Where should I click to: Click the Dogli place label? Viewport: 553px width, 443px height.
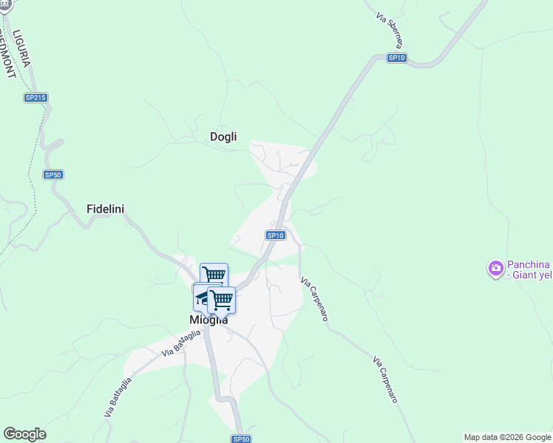pos(223,137)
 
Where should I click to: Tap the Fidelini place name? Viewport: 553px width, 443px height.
pos(105,209)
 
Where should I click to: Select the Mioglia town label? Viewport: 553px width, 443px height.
pos(208,320)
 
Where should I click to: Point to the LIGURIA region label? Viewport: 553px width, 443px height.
pos(21,49)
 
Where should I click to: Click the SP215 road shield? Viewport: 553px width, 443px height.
pos(35,97)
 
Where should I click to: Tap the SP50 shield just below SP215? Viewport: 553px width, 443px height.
pos(52,175)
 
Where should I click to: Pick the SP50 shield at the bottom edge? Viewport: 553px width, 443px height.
pos(241,439)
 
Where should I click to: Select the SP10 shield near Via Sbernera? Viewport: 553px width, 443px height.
pos(397,58)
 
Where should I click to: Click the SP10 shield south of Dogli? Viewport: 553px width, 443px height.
pos(275,236)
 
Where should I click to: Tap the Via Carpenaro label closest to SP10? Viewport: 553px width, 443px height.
pos(314,298)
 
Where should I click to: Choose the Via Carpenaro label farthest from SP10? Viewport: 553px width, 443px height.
pos(385,380)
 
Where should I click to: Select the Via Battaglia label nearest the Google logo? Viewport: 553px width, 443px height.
pos(118,398)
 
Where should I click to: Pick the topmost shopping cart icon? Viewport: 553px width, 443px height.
pos(214,275)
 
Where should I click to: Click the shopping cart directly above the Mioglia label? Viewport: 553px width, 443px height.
pos(221,300)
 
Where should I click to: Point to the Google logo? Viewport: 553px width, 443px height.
pos(24,434)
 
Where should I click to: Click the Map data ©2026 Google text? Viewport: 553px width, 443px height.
pos(507,437)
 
